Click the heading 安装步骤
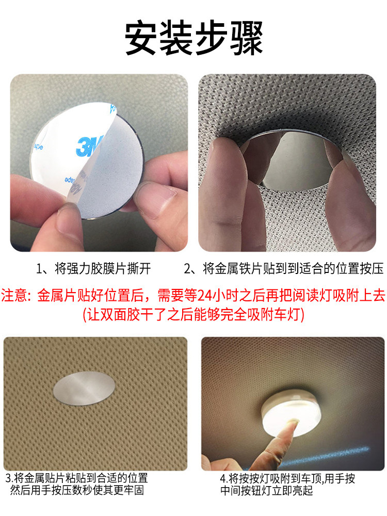click(194, 37)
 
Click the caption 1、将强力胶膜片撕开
click(93, 268)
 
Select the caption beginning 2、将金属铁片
click(284, 268)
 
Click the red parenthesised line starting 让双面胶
click(193, 315)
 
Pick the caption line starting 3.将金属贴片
click(77, 478)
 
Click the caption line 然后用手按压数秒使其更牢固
click(77, 490)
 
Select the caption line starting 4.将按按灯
click(287, 478)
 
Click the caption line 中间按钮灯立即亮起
click(267, 491)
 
